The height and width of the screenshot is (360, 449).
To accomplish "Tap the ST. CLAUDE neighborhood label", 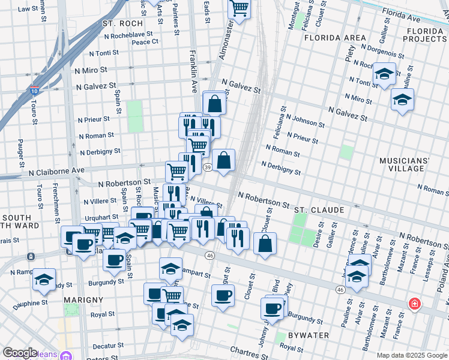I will (x=319, y=210).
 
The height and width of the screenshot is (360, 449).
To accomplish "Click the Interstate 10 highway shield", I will (x=34, y=91).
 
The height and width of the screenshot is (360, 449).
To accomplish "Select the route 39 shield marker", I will (x=207, y=167).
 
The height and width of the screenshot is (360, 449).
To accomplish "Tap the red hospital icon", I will (x=414, y=304).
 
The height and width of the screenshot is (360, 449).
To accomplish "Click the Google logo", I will (x=20, y=353).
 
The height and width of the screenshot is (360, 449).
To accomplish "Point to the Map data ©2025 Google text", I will (x=412, y=355).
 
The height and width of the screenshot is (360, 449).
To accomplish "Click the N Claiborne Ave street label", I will (x=56, y=171).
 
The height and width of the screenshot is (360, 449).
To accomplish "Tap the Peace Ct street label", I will (x=145, y=42).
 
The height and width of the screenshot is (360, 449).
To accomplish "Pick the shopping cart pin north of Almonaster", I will (x=240, y=8).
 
